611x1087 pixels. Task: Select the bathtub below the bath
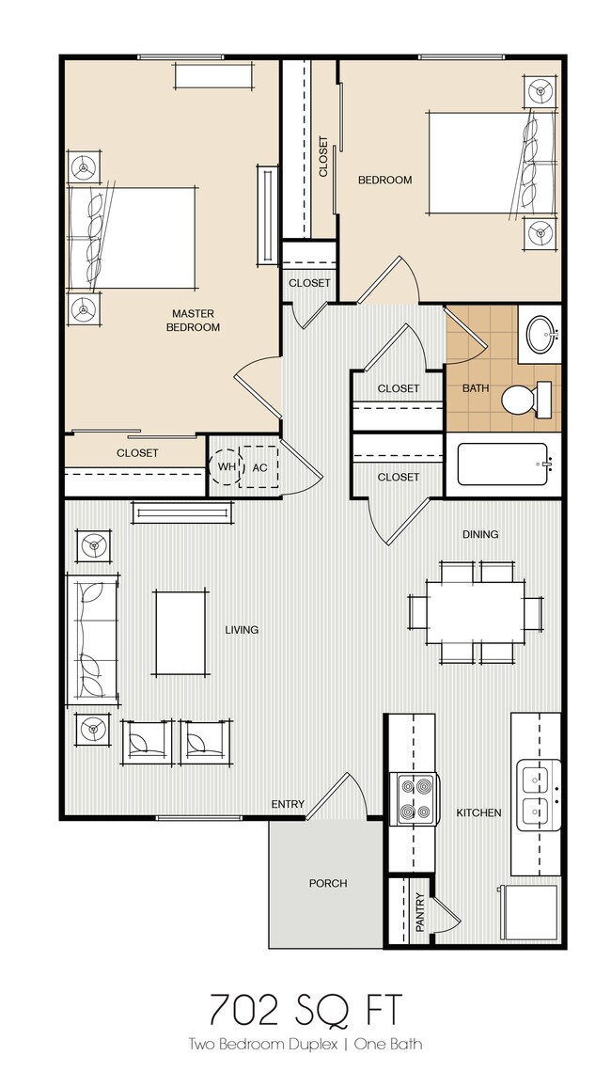(501, 465)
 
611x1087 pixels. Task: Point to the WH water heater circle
(227, 465)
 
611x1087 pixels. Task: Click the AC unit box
(260, 465)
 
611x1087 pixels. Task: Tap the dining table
(476, 612)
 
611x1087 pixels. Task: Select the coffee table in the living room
(181, 631)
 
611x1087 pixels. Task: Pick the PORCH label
(328, 883)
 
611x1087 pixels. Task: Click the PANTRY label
(419, 912)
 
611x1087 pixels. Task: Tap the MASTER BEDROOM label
(193, 320)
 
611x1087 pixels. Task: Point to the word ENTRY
(288, 804)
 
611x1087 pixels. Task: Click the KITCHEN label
(478, 812)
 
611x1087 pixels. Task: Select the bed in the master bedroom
(132, 238)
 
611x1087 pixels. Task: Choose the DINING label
(479, 534)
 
